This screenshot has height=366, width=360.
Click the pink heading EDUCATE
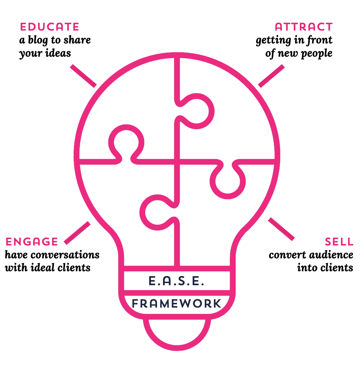(50, 27)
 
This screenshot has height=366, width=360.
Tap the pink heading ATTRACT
(304, 27)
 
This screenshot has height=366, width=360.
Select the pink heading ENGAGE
(32, 242)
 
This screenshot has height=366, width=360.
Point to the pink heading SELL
(339, 242)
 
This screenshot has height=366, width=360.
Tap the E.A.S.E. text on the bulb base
(176, 281)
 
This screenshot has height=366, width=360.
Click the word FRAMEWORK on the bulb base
(177, 303)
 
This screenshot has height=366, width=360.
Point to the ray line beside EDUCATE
(83, 76)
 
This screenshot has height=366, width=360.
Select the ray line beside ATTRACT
(271, 76)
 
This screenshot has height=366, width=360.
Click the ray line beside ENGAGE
(77, 233)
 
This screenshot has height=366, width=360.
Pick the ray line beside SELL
(281, 229)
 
